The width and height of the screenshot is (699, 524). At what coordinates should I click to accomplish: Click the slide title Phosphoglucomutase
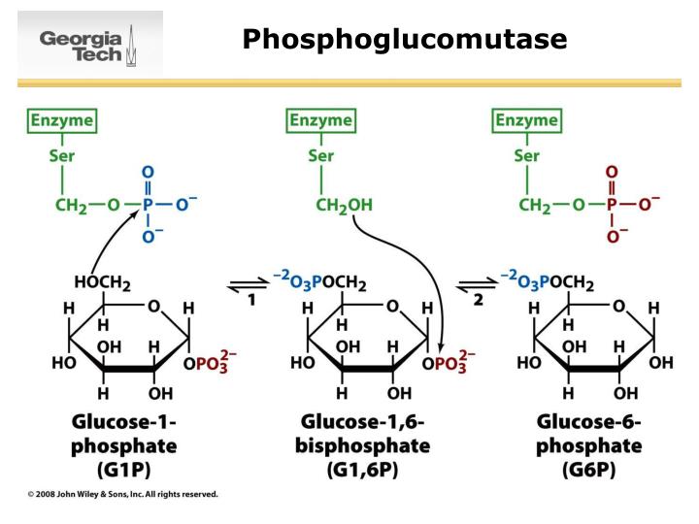click(404, 39)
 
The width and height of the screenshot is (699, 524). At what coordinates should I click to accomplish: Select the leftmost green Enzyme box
click(63, 121)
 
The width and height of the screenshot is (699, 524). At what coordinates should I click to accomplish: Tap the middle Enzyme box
click(321, 121)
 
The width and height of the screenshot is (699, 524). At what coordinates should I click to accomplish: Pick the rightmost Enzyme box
click(527, 121)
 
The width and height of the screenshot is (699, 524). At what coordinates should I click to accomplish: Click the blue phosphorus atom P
click(148, 205)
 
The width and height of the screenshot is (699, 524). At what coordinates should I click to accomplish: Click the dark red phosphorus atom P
click(611, 205)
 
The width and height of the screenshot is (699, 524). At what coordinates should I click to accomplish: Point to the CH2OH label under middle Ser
click(343, 206)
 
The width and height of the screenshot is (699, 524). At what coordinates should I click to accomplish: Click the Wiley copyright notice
click(122, 494)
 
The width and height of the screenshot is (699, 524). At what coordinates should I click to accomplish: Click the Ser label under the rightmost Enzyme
click(527, 155)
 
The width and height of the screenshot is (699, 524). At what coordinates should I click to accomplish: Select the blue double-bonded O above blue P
click(148, 172)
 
